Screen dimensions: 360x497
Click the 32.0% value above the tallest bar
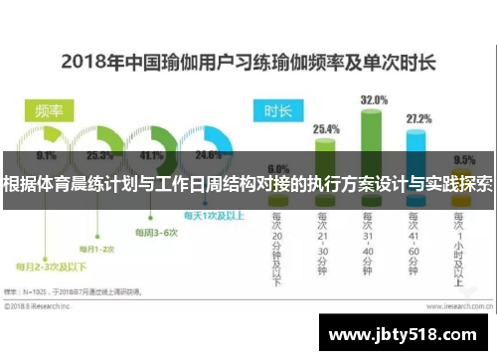pyautogui.click(x=373, y=99)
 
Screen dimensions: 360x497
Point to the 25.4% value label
pyautogui.click(x=326, y=128)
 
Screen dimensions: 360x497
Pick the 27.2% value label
pyautogui.click(x=419, y=119)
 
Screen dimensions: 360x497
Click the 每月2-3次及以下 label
pyautogui.click(x=51, y=267)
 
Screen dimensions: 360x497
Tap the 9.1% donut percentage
pyautogui.click(x=46, y=156)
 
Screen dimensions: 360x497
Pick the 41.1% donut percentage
pyautogui.click(x=151, y=156)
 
